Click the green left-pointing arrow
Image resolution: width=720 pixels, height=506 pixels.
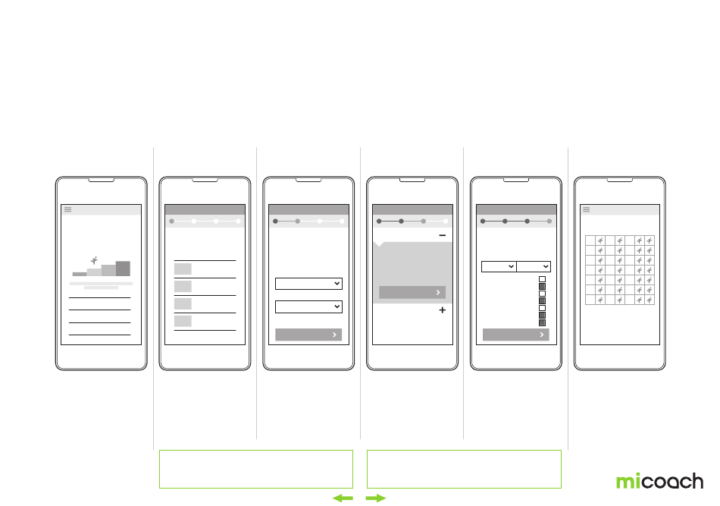click(x=343, y=498)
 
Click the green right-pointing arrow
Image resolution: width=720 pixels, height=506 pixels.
click(x=376, y=498)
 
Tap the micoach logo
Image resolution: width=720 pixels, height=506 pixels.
click(x=659, y=481)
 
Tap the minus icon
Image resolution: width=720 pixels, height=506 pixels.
click(x=443, y=236)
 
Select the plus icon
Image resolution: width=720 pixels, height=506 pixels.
click(x=443, y=310)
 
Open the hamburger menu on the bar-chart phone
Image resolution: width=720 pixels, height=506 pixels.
click(x=68, y=210)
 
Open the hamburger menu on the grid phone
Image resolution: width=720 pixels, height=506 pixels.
click(x=586, y=210)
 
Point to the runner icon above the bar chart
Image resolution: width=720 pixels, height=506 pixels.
click(x=94, y=259)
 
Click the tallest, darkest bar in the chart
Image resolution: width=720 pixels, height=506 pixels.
click(x=123, y=269)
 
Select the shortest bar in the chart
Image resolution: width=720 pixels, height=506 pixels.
click(x=80, y=274)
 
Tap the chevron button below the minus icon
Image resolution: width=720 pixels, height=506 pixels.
click(x=412, y=293)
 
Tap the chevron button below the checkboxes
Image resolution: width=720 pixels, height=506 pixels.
click(x=515, y=335)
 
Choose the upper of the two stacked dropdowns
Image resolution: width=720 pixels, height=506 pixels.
click(x=308, y=283)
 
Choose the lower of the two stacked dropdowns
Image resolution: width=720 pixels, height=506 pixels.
click(x=308, y=306)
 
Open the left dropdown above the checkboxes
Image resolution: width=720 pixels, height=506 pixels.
click(x=499, y=266)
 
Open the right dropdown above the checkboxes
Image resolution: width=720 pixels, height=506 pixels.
click(x=534, y=266)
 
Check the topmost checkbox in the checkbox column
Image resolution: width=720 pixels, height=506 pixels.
click(x=542, y=279)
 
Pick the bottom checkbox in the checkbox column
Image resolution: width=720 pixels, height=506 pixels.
click(x=542, y=322)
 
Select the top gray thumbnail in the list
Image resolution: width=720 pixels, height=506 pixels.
click(x=183, y=269)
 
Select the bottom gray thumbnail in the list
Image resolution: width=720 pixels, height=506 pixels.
click(x=183, y=321)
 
